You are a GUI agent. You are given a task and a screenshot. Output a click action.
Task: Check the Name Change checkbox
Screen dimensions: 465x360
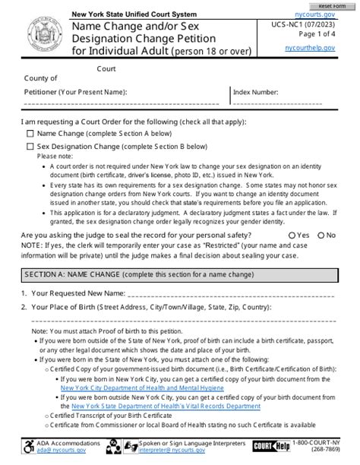30,133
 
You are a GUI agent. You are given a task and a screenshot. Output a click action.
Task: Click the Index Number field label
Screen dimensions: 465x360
257,91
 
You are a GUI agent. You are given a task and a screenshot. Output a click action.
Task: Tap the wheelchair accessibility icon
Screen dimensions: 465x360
29,448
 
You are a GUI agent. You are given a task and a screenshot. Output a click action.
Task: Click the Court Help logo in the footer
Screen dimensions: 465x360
271,448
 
